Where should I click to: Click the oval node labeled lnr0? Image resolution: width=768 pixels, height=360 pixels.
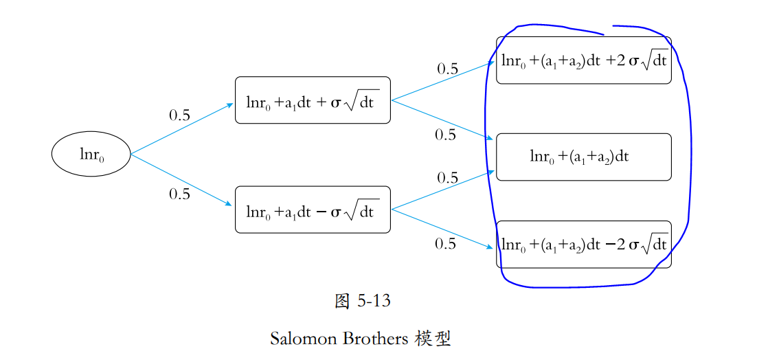91,154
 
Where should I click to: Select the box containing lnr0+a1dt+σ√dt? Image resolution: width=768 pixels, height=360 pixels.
313,100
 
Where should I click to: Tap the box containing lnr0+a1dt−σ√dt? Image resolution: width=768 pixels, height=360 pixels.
313,210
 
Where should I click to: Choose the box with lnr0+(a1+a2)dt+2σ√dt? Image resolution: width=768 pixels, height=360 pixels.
583,60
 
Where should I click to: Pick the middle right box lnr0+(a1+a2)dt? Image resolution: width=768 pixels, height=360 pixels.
583,157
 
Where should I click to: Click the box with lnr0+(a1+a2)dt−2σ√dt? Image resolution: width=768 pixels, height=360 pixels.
583,244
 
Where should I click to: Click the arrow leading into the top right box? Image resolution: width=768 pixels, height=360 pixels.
443,80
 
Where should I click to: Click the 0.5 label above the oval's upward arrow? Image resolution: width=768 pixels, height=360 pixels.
180,115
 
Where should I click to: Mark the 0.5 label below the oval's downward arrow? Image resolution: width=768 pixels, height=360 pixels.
180,194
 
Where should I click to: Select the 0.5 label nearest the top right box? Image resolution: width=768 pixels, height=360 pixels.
448,69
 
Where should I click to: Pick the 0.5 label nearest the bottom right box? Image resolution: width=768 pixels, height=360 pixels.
446,244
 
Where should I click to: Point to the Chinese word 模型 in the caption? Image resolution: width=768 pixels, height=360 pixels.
433,339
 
